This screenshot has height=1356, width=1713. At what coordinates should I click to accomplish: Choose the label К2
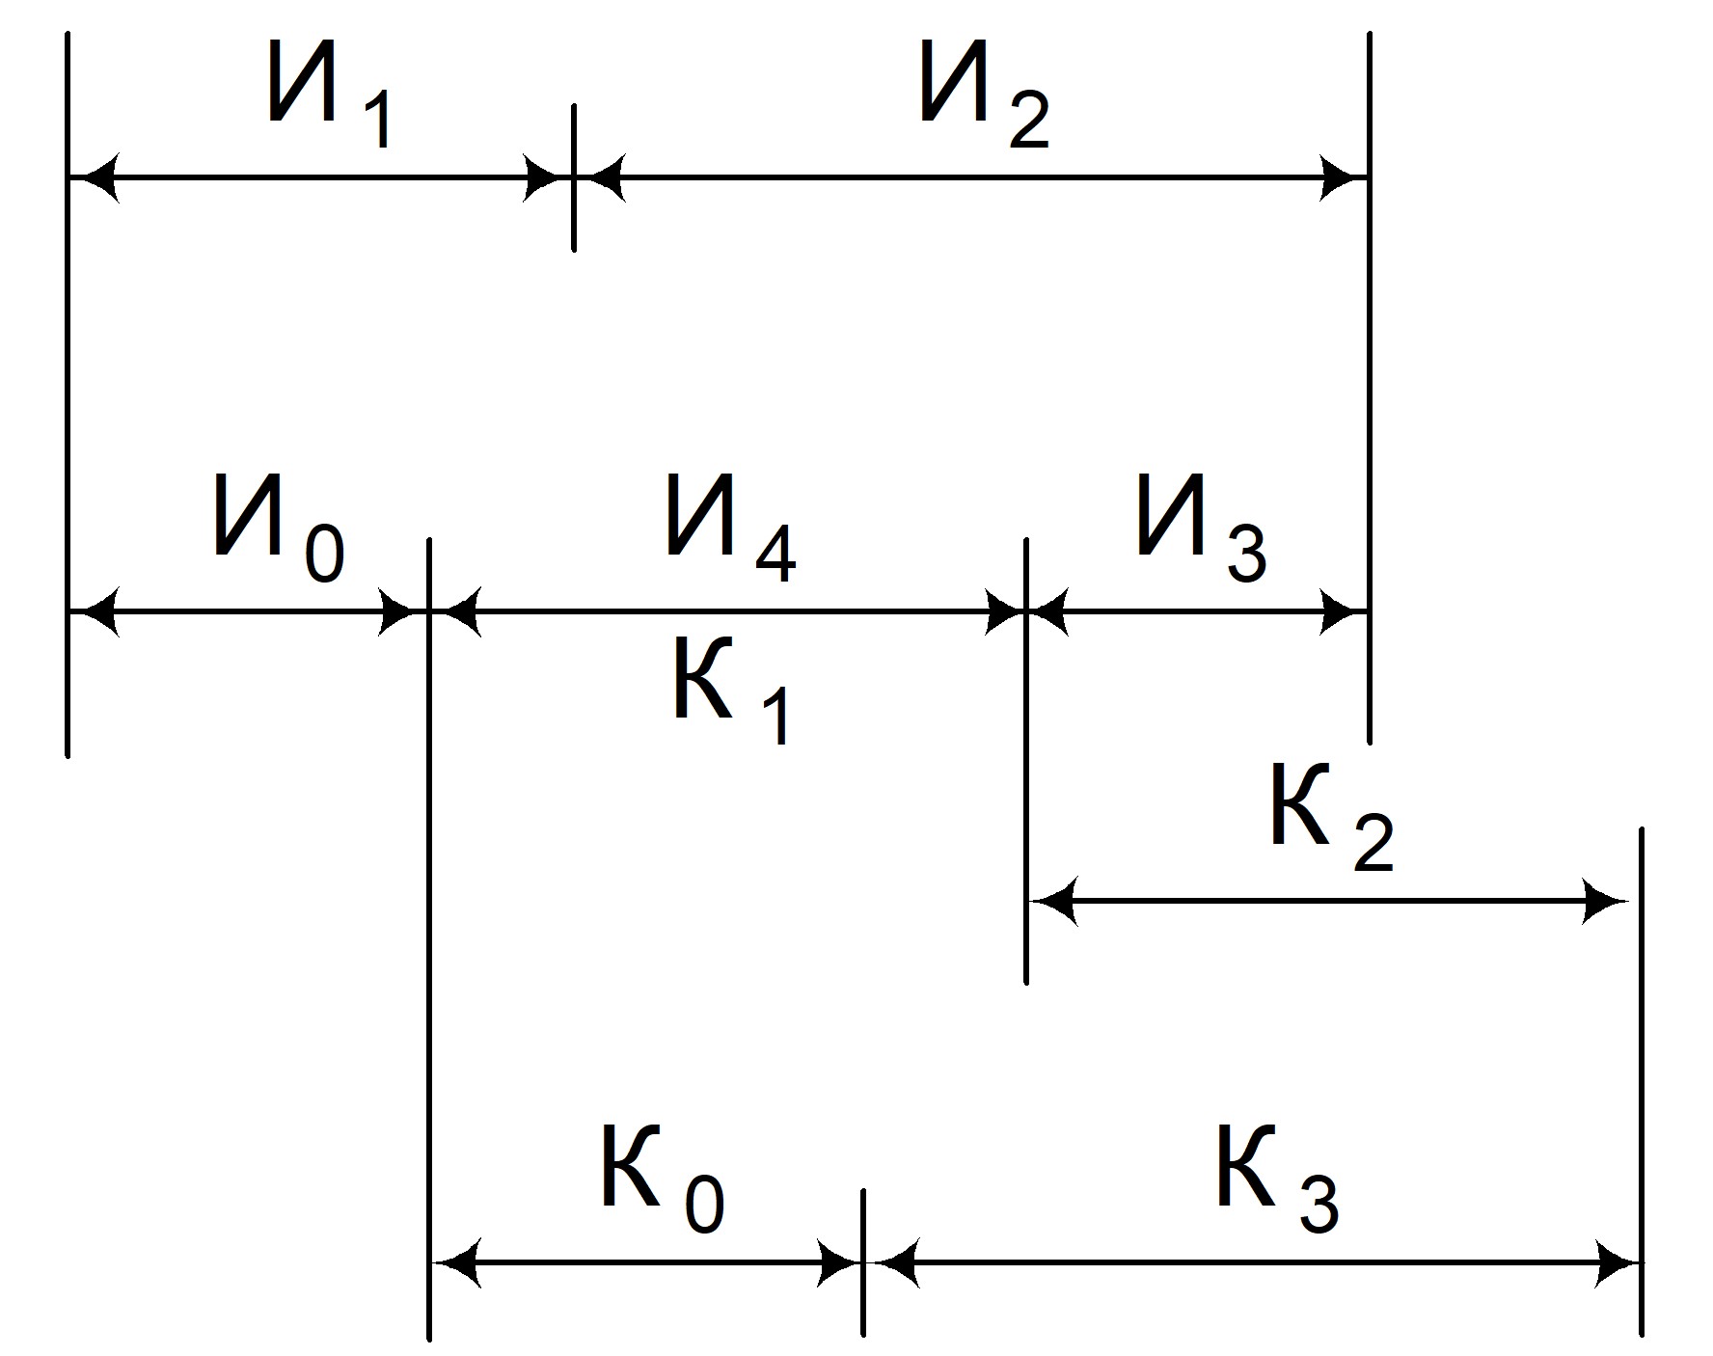[1332, 818]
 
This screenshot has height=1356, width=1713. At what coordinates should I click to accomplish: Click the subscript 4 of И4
[775, 556]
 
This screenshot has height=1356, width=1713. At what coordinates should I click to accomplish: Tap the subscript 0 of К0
[705, 1205]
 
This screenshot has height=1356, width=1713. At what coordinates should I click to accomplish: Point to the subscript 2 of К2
[1374, 844]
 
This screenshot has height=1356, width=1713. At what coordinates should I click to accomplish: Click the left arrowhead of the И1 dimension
[95, 177]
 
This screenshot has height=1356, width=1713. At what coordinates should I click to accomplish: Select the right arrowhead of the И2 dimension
[1343, 177]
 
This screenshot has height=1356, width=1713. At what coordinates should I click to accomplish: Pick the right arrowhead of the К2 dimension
[1604, 902]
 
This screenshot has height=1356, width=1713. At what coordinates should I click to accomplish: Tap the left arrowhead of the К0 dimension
[456, 1262]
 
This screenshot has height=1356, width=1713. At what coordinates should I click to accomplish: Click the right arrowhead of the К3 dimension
[1615, 1262]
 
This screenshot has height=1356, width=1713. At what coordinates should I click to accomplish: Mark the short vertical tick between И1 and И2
[574, 177]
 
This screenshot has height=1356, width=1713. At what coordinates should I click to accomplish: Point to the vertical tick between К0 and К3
[863, 1262]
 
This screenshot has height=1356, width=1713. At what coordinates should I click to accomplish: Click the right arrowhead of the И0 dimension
[401, 611]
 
